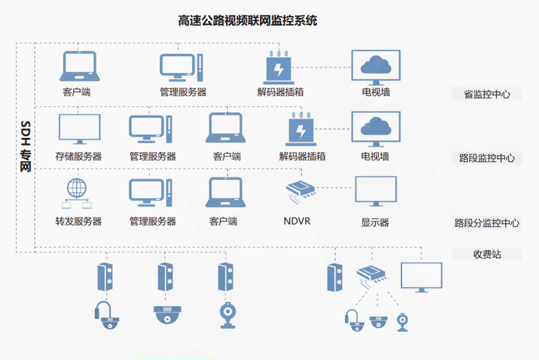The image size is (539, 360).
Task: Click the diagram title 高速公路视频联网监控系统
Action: tap(248, 21)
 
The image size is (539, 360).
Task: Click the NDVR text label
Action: tap(297, 222)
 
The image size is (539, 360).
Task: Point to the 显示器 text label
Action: tap(375, 223)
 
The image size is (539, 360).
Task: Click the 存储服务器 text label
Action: tap(78, 157)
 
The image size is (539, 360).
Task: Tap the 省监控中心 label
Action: tap(487, 94)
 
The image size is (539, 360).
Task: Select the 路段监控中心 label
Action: tap(487, 158)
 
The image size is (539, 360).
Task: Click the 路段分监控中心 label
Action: tap(487, 223)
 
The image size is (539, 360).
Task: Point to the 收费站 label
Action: tap(487, 254)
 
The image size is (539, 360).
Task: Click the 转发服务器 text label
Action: tap(78, 222)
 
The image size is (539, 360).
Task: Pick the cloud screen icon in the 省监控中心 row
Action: tap(376, 66)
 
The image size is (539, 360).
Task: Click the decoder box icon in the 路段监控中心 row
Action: tap(302, 130)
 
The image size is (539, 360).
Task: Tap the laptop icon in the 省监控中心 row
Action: tap(78, 66)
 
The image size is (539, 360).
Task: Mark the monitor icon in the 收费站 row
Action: tap(421, 277)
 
